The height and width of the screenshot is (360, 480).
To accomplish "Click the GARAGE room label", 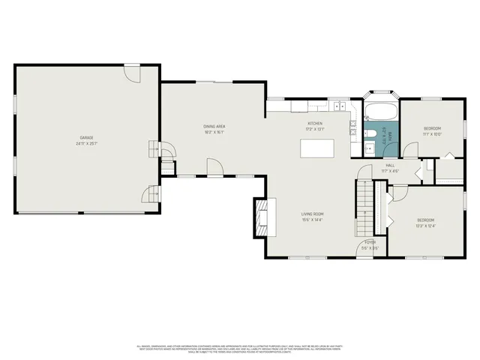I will click(x=87, y=138).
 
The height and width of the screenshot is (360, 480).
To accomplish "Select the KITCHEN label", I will click(x=315, y=123).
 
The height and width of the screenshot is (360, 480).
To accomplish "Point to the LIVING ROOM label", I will click(x=312, y=214).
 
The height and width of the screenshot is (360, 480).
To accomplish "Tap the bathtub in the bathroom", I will click(x=382, y=112).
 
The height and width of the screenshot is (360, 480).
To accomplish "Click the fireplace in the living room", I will click(x=262, y=212).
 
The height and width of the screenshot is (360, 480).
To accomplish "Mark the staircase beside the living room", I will click(x=364, y=208).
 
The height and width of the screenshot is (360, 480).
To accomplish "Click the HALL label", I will click(x=390, y=165).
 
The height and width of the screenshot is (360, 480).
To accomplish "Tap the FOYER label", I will click(x=370, y=242).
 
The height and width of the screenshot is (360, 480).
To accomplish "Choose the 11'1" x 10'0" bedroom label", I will click(x=432, y=128).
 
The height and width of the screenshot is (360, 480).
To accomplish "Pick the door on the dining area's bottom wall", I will click(x=215, y=169).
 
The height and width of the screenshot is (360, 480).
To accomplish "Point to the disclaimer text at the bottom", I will click(x=240, y=349).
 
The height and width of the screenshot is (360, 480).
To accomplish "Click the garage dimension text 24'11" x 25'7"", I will click(x=87, y=143).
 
